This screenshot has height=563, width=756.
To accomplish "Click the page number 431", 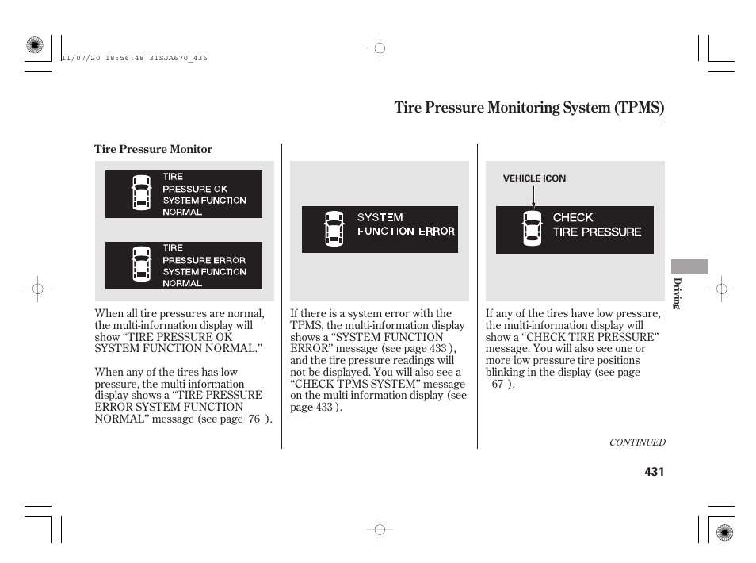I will coord(653,472).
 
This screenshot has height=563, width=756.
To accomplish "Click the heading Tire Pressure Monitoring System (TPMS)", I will coord(529,107).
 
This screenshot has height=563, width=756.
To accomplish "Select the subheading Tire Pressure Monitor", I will coord(153,149).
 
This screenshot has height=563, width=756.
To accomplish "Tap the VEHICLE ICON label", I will coord(534,178).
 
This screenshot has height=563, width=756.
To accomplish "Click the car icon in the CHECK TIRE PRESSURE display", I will coord(532,229).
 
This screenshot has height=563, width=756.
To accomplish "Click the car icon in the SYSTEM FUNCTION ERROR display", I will coord(334,229).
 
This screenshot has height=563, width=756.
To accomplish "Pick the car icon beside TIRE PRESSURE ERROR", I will coord(140,264).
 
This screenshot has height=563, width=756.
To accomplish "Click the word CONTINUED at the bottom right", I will coord(636,442).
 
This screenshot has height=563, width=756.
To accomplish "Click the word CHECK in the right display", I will coord(573,217).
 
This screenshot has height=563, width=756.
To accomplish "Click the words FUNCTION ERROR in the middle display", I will coord(406,232).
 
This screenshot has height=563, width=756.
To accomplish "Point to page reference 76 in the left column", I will coord(254,419).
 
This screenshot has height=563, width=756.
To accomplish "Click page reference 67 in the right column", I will coord(497,384).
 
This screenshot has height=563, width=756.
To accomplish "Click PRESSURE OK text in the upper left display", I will coord(194,189).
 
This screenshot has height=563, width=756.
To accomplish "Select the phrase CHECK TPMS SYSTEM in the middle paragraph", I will coord(357,384).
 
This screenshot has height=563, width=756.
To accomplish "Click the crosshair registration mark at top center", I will coord(380,48).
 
